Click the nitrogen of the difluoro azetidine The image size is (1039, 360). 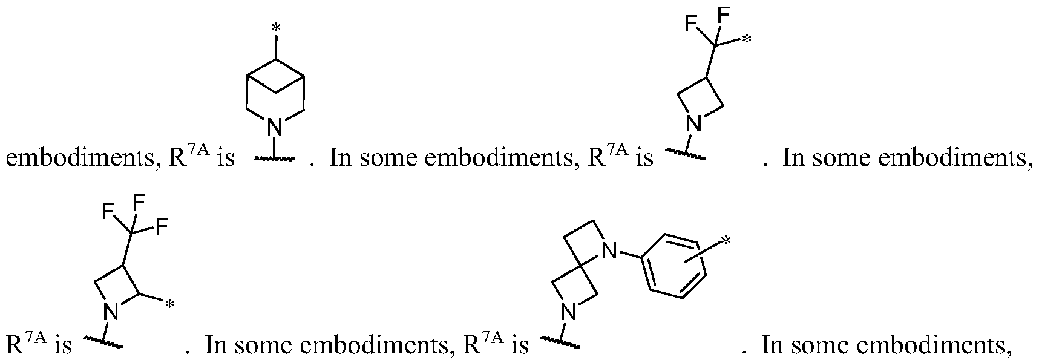click(693, 125)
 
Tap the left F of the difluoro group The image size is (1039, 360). click(690, 24)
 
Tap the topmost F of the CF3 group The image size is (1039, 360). click(137, 203)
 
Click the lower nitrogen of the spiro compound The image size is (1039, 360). click(567, 312)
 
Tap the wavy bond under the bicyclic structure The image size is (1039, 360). click(274, 159)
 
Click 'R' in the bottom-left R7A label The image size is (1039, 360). click(15, 345)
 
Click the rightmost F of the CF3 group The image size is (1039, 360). click(162, 228)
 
